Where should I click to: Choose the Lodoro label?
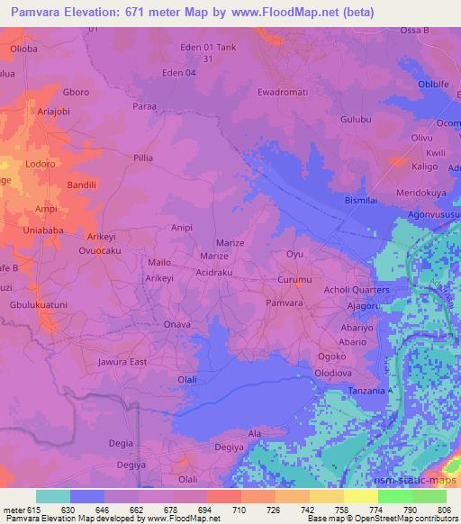41,165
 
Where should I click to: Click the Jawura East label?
122,362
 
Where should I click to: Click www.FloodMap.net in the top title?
292,13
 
